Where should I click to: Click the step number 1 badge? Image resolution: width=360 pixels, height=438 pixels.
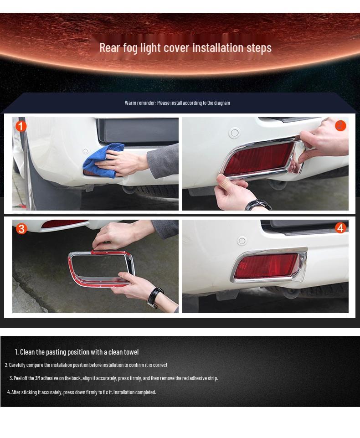click(x=21, y=126)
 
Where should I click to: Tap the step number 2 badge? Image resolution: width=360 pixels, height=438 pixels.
click(x=340, y=126)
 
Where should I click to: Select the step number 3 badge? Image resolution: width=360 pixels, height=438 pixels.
click(x=21, y=229)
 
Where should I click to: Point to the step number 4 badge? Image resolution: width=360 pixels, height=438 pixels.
click(x=340, y=228)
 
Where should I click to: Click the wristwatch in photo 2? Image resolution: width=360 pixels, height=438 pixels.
click(x=258, y=204)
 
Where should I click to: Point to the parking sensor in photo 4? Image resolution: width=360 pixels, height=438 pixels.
click(x=242, y=241)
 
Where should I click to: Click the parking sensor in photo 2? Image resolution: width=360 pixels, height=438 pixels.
click(x=234, y=133)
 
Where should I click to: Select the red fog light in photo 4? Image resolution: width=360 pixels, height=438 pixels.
click(x=266, y=267)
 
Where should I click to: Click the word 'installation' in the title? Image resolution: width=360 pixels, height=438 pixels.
click(x=218, y=47)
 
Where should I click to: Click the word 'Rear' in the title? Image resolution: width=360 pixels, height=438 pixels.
click(x=109, y=47)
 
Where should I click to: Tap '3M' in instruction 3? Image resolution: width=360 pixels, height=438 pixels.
click(x=38, y=378)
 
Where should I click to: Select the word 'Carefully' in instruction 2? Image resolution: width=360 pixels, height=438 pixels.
click(x=17, y=365)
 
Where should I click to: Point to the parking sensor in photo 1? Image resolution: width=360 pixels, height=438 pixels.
click(x=85, y=151)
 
